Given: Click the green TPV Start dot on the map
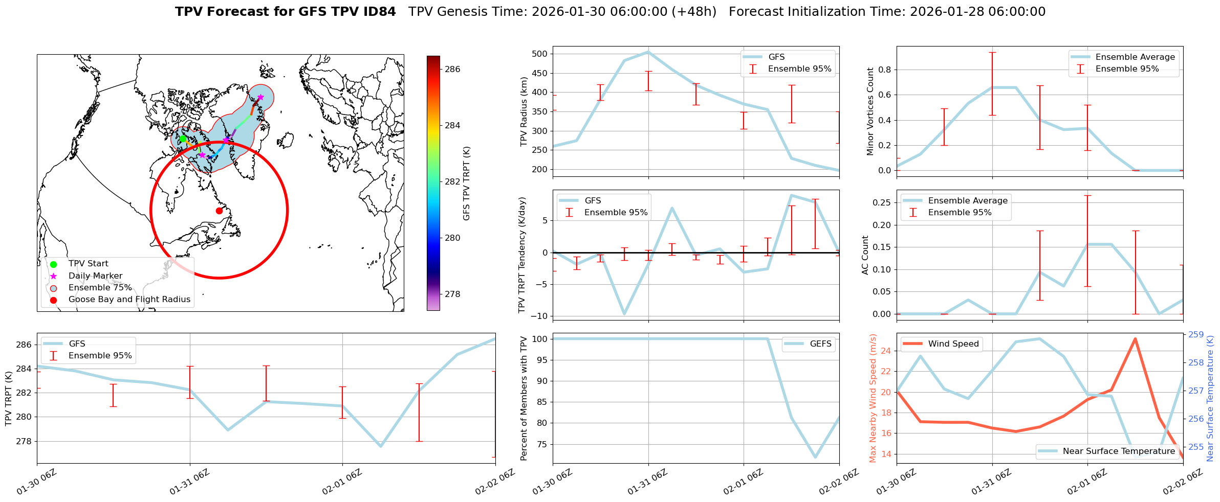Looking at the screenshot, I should pos(183,139).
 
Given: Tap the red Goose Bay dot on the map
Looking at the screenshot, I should pos(219,211).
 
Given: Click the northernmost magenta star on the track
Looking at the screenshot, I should pos(260,97).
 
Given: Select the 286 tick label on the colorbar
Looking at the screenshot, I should pos(452,69).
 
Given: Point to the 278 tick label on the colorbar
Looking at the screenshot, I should pos(452,294).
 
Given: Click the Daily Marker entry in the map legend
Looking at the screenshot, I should pos(95,276).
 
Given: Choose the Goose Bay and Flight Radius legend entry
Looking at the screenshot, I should pos(129,300).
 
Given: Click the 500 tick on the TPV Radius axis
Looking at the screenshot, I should pos(540,54).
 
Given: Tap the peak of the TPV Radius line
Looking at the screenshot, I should pos(648,52).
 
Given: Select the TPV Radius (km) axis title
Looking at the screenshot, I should pos(524,111).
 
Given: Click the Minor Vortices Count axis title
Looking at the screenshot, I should pos(870,111).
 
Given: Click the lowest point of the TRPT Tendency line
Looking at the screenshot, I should pos(624,314).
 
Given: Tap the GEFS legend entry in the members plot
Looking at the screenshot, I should pos(820,344).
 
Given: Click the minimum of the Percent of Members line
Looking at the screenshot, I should pos(815,458).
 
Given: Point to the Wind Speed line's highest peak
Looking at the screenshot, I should pos(1135,338).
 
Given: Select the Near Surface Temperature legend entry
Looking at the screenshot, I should pos(1119,451).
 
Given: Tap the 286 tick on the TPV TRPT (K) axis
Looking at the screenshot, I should pos(25,345).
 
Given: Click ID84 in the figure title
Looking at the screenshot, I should pos(378,12).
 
